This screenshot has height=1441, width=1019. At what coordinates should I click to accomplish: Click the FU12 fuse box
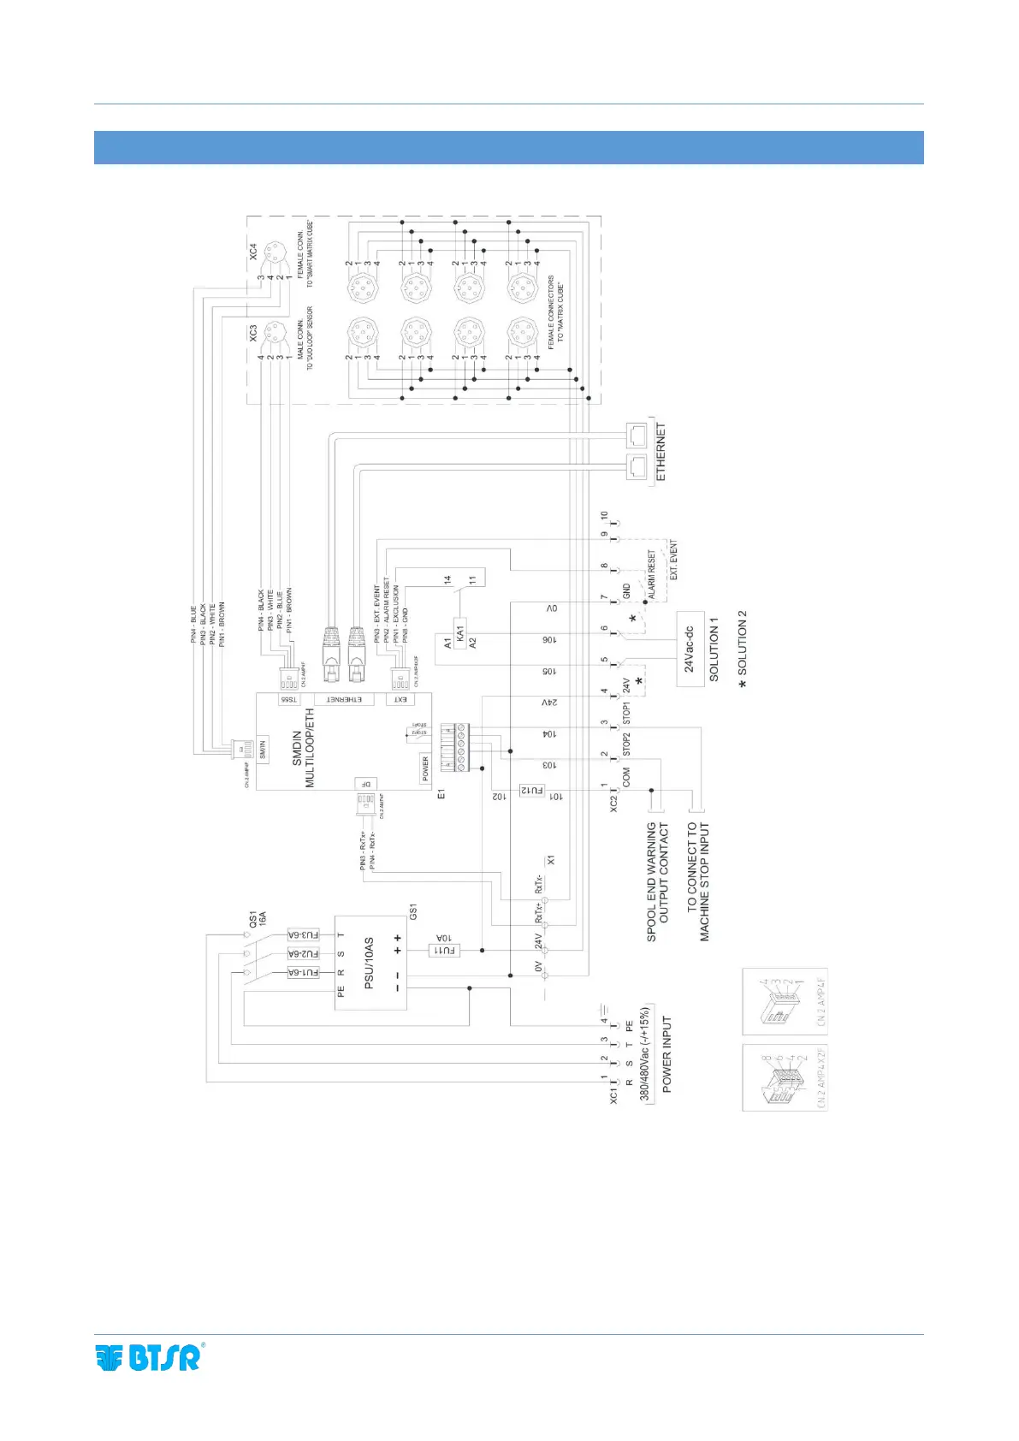pyautogui.click(x=532, y=792)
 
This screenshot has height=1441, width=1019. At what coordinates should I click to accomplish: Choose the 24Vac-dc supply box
pyautogui.click(x=690, y=642)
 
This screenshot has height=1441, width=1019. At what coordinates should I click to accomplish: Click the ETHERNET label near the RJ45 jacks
pyautogui.click(x=661, y=452)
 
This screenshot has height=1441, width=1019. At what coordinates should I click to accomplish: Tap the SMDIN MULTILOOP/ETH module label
pyautogui.click(x=303, y=747)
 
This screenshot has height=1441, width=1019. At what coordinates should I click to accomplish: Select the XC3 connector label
pyautogui.click(x=253, y=332)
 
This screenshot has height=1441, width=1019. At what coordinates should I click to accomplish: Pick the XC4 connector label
pyautogui.click(x=253, y=252)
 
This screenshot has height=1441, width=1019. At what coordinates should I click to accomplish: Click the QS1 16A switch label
pyautogui.click(x=258, y=919)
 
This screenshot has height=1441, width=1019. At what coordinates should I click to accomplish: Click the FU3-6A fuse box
pyautogui.click(x=303, y=935)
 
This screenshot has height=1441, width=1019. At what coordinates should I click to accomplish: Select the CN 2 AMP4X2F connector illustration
pyautogui.click(x=785, y=1076)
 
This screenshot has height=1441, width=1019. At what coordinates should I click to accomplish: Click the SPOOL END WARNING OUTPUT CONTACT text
pyautogui.click(x=657, y=881)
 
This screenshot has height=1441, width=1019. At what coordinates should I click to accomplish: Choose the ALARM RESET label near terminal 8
pyautogui.click(x=651, y=574)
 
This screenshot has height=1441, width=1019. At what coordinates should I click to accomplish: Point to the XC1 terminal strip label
pyautogui.click(x=613, y=1096)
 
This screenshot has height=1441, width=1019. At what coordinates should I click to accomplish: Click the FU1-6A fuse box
pyautogui.click(x=303, y=972)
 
